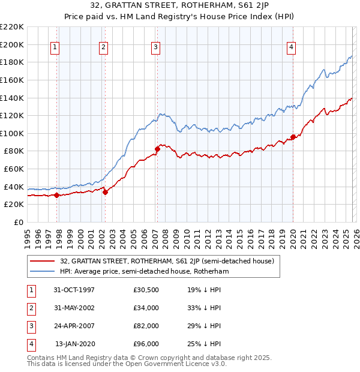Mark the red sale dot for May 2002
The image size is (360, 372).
(105, 192)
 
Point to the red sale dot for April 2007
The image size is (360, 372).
(157, 149)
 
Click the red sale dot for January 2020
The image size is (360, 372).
(293, 137)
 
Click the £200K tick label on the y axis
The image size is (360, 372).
(12, 44)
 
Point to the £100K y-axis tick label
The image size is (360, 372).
(12, 133)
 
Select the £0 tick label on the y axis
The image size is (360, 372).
(18, 222)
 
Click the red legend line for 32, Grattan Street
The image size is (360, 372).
(42, 261)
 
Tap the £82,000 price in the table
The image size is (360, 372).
(146, 326)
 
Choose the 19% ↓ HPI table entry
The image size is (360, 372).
(204, 290)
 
